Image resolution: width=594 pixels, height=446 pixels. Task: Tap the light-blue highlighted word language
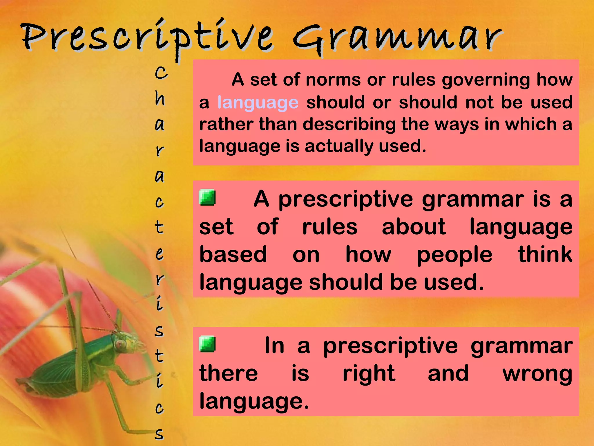tap(258, 102)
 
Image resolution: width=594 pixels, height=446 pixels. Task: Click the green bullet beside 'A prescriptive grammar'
tap(207, 198)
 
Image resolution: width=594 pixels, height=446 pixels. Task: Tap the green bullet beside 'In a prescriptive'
tap(207, 344)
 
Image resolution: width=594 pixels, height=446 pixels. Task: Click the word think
tap(545, 254)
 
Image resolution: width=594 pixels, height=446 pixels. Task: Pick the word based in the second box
tap(233, 254)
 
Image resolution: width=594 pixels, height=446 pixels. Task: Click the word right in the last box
tap(369, 374)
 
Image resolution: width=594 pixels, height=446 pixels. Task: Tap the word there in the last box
tap(229, 373)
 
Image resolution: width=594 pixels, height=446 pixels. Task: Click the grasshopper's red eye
tap(119, 344)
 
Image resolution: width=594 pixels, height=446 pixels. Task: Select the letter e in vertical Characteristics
tap(160, 253)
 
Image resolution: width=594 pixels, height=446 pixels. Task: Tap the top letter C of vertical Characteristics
tap(161, 72)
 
